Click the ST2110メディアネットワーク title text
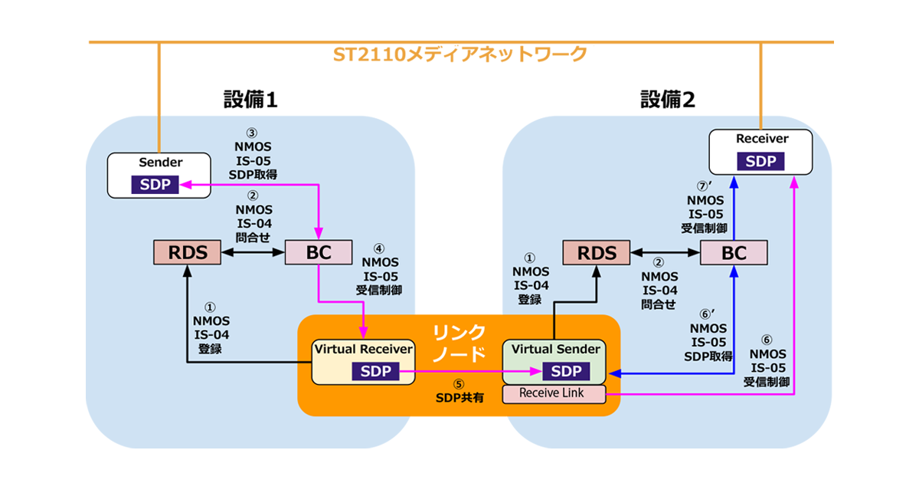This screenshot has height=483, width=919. pos(460,54)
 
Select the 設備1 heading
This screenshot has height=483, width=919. pos(250,100)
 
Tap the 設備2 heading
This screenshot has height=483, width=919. pos(668,100)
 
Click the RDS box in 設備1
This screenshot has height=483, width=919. pos(188,252)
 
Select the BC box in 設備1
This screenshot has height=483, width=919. pos(318,252)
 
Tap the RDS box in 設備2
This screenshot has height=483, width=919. pos(596,252)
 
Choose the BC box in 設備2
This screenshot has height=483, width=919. pos(734,252)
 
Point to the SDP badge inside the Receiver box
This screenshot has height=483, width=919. pos(760,162)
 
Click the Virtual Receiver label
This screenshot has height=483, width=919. pos(364,350)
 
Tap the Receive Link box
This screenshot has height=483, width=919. pos(554,393)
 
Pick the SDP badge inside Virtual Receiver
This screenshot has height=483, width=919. pos(375,372)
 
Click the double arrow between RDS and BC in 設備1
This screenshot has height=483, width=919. pos(252,252)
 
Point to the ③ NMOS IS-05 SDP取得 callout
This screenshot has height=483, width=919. pos(252,153)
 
